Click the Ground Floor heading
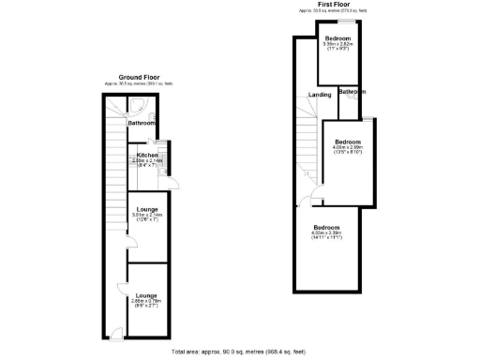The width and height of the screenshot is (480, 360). [x=140, y=77]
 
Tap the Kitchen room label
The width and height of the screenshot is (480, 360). [x=148, y=155]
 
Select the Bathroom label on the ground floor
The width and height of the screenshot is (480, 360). [x=142, y=123]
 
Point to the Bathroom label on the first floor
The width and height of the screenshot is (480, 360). [x=352, y=92]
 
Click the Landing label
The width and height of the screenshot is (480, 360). [x=320, y=96]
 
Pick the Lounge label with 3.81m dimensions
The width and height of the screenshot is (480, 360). [x=147, y=209]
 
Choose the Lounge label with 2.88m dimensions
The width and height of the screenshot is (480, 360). [x=146, y=294]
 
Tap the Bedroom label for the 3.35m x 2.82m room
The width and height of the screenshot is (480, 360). [x=337, y=38]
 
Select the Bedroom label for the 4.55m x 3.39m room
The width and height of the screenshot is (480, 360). [x=326, y=228]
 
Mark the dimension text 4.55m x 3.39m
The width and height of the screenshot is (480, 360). [x=326, y=234]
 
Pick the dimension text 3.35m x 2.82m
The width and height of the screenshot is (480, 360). [x=337, y=44]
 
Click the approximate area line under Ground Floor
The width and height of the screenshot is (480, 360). [x=140, y=84]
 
